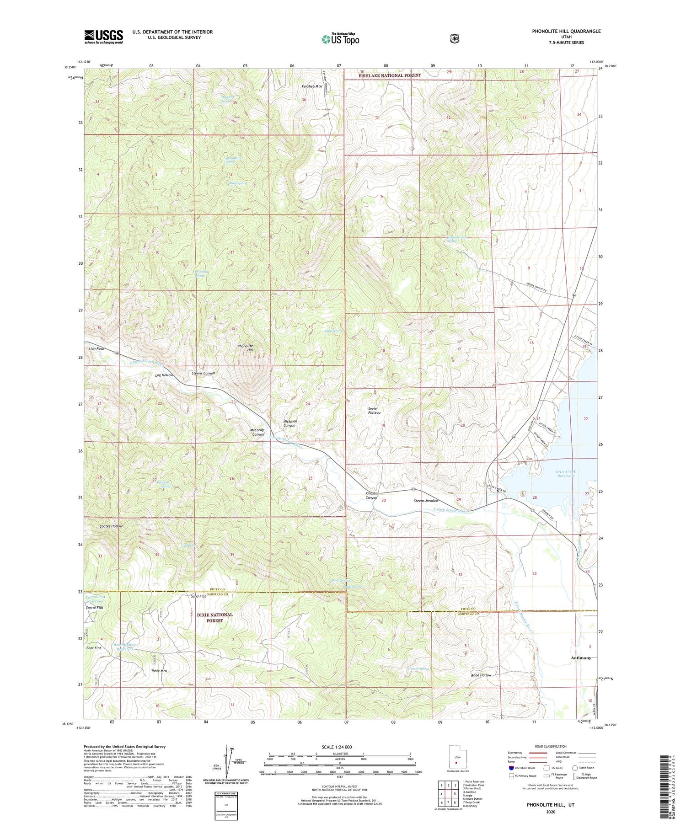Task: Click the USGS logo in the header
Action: click(x=103, y=37)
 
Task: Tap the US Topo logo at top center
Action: click(x=340, y=39)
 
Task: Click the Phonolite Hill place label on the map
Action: click(x=245, y=348)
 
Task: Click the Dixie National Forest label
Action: click(x=214, y=618)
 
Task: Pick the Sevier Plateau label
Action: click(x=374, y=410)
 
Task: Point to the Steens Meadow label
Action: click(x=426, y=501)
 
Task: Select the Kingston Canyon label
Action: click(x=372, y=495)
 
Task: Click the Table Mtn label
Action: click(x=159, y=671)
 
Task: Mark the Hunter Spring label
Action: click(x=418, y=669)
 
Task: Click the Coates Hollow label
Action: click(x=111, y=526)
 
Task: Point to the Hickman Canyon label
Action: click(x=290, y=423)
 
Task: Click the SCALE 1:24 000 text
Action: click(x=340, y=747)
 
